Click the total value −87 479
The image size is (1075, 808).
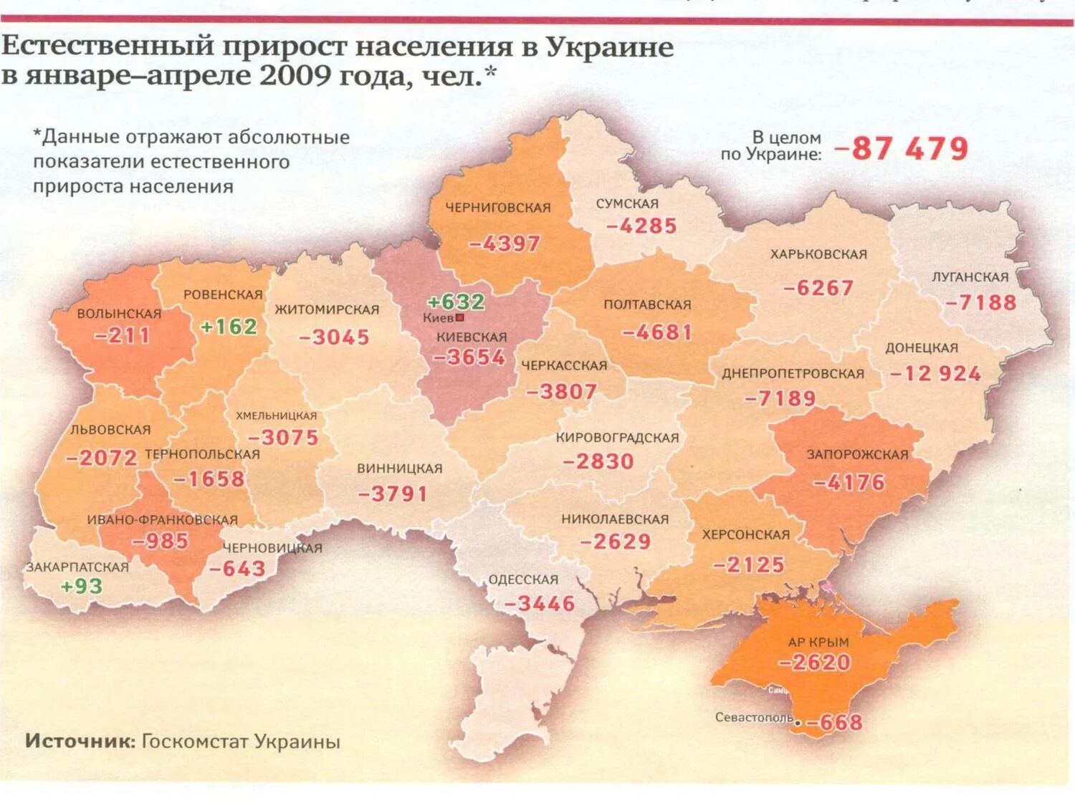pos(901,149)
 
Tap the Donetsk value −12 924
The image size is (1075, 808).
pos(935,373)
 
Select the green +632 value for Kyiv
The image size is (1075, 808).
pos(456,302)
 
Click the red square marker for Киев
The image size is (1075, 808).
pos(460,317)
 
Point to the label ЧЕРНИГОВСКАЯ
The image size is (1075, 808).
pos(498,208)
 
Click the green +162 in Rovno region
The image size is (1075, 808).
pos(228,327)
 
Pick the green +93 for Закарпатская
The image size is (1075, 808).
pos(81,586)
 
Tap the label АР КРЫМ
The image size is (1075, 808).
pos(818,643)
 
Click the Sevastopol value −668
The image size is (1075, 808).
pos(834,723)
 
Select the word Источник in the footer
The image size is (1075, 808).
pos(80,741)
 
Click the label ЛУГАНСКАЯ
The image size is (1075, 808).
pos(970,277)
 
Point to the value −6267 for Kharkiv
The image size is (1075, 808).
pos(818,288)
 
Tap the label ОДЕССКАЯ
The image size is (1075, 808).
pos(523,579)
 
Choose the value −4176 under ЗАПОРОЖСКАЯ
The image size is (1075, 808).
pos(849,482)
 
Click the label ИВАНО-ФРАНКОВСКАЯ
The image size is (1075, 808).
pos(162,520)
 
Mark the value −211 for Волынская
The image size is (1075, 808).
pos(122,335)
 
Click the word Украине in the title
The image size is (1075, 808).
pos(609,47)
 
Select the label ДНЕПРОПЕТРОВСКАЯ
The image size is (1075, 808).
pos(793,374)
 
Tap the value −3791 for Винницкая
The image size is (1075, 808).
pos(393,494)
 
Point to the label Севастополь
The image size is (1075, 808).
pos(753,717)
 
